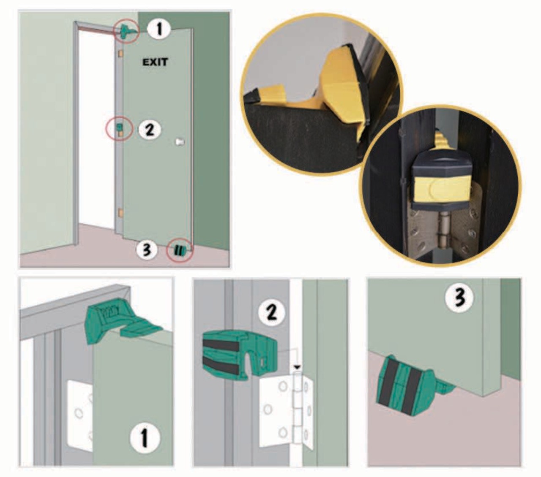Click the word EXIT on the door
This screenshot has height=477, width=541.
pos(155,62)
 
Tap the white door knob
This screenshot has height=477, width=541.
pos(180,142)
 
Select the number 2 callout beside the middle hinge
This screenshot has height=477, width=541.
pos(150,130)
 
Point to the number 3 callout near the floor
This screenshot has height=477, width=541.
pos(147,250)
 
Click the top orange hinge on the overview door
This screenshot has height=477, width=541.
pos(120,53)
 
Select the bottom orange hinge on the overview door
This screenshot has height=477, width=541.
pos(120,213)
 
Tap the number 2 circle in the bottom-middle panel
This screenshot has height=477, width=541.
pos(272,312)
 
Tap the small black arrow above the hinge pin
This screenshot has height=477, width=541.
pos(297,367)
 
